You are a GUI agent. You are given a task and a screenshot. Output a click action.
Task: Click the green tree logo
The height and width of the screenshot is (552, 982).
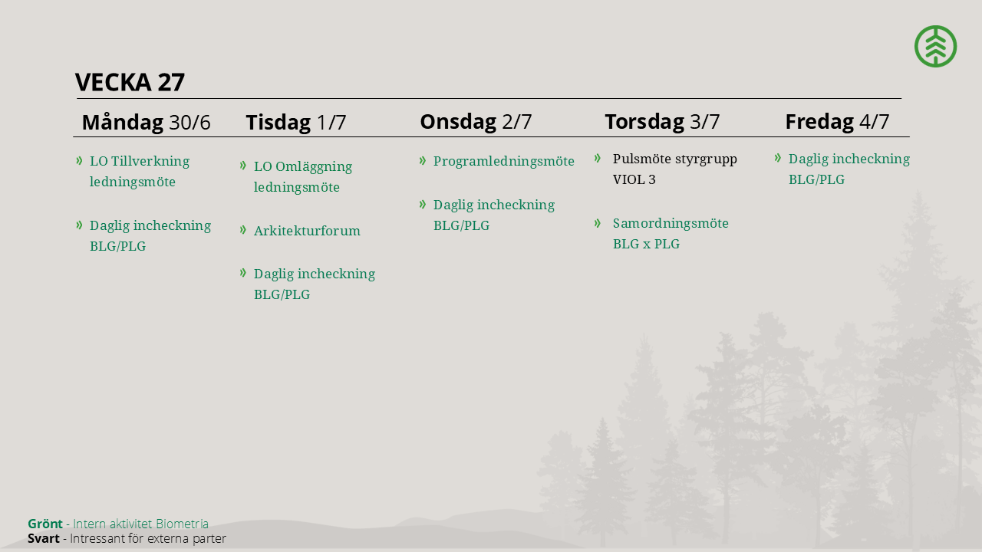click(935, 46)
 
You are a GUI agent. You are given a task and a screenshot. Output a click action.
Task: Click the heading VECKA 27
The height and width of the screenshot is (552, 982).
click(130, 82)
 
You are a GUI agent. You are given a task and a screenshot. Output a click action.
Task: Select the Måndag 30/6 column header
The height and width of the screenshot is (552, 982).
click(146, 122)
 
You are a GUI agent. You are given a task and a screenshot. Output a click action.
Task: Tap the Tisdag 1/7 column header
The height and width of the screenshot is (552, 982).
click(296, 122)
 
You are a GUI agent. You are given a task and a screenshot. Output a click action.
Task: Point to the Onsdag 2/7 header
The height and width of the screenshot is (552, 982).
click(476, 121)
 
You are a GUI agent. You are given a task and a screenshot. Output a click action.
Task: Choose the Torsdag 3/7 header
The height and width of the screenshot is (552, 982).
click(662, 121)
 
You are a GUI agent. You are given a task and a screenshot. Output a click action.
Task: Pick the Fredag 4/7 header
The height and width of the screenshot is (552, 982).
click(837, 121)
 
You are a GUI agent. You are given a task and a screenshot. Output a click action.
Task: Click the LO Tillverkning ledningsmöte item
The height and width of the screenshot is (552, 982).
click(140, 171)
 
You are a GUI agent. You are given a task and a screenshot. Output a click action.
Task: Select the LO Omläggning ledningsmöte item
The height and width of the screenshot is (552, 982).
click(303, 176)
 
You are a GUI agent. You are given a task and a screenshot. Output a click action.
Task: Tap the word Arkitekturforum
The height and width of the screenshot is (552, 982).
click(307, 231)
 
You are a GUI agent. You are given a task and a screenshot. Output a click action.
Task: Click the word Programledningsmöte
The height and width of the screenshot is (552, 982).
click(504, 161)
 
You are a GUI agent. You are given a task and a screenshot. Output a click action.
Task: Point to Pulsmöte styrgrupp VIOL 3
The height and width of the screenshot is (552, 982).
click(674, 169)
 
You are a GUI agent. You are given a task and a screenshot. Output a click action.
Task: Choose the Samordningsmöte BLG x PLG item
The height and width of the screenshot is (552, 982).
click(671, 234)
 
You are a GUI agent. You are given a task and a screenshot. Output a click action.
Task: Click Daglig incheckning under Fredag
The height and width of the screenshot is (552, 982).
click(849, 169)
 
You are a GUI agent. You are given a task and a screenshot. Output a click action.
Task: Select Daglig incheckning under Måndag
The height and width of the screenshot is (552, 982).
click(150, 235)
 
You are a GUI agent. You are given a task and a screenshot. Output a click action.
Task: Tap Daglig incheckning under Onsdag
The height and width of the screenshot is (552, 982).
click(494, 215)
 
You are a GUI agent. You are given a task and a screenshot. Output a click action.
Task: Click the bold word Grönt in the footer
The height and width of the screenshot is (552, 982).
click(45, 524)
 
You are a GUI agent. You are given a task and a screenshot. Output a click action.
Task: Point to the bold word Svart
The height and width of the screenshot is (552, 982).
click(44, 538)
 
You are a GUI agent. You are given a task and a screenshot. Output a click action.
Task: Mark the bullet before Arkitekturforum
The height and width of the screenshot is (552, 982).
click(243, 229)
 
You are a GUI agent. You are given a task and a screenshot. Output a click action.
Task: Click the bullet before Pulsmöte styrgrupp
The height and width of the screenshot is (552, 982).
click(598, 158)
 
